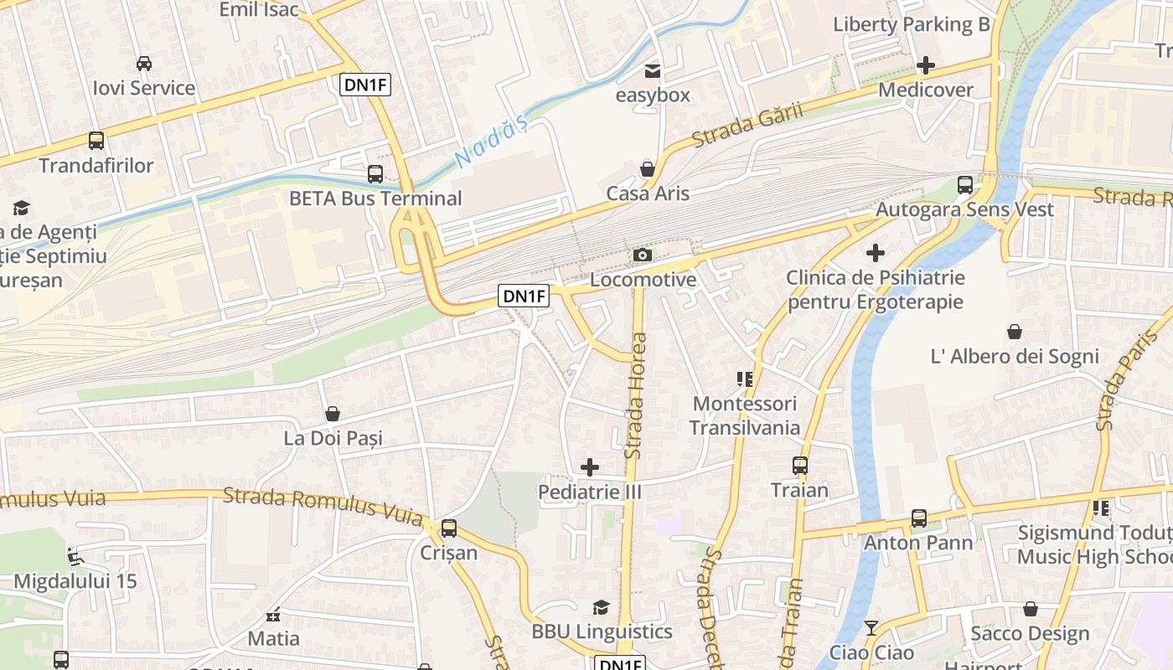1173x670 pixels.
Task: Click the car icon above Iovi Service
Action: point(143,64)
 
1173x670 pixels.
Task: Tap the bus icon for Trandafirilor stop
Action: point(96,141)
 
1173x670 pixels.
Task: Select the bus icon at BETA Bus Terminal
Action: point(375,174)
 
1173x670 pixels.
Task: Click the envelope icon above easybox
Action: point(652,71)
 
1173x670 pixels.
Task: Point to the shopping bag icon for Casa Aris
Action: point(648,169)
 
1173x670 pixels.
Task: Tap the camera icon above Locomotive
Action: point(643,255)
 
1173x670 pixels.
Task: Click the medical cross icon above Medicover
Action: point(926,65)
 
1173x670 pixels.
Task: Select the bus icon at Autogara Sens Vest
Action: point(965,185)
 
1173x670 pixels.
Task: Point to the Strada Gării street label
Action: point(747,126)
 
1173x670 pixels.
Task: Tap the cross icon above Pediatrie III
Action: point(590,467)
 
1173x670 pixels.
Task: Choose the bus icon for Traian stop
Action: point(800,466)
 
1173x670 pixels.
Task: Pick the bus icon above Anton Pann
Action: point(919,518)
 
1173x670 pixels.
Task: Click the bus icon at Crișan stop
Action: point(449,528)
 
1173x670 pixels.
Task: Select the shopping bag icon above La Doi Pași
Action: point(333,414)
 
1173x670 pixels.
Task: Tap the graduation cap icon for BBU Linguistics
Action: point(601,607)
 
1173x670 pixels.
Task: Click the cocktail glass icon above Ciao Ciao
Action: point(871,627)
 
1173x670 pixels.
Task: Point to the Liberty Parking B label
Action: point(911,24)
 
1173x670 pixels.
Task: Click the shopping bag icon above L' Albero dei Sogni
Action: point(1015,332)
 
